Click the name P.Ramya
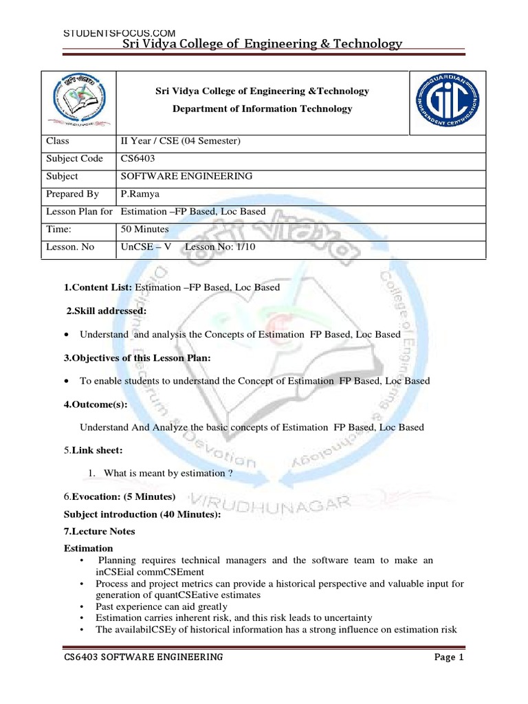tap(142, 194)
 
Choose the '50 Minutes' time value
tap(145, 229)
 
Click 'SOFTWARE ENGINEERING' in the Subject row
tap(186, 176)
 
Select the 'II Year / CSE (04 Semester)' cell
tap(180, 141)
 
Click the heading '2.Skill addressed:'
tap(107, 311)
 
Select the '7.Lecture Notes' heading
tap(100, 531)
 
